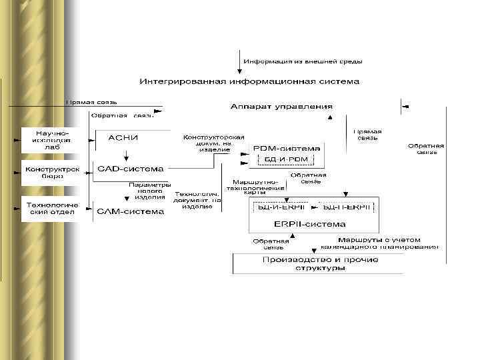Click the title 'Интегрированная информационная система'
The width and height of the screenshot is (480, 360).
pos(249,81)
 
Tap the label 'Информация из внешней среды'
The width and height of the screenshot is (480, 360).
pos(303,61)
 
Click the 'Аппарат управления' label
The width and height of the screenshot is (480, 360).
pos(281,106)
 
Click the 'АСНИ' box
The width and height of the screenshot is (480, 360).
pos(123,138)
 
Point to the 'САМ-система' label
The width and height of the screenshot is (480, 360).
pos(131,211)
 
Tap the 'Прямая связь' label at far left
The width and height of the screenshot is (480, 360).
pos(91,102)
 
